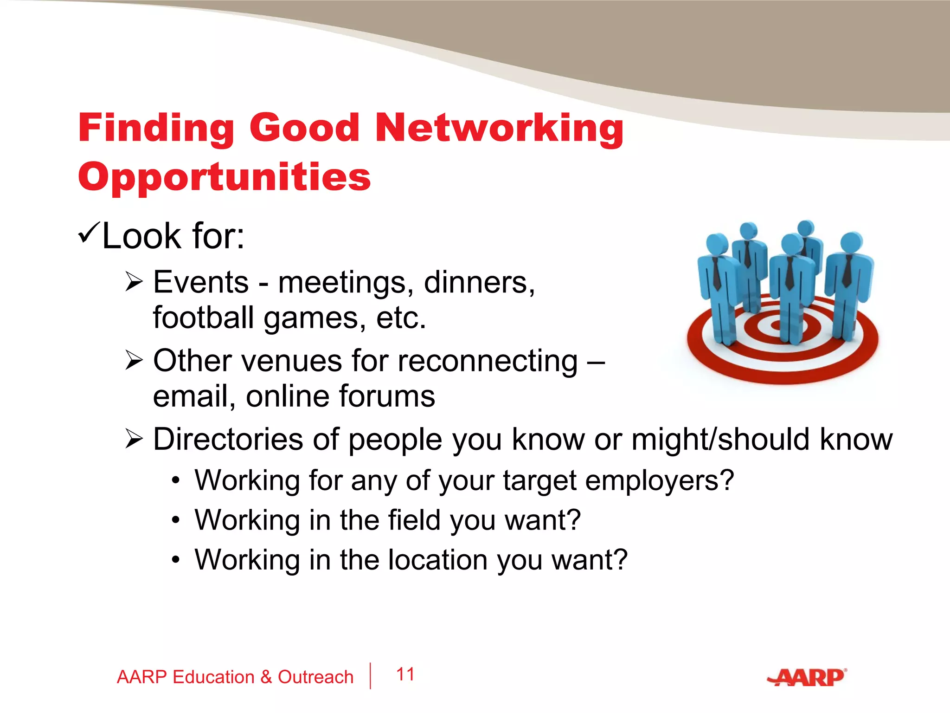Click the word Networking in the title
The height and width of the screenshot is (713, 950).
[499, 128]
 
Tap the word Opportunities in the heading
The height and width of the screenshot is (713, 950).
[225, 177]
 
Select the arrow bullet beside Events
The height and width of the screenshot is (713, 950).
[134, 282]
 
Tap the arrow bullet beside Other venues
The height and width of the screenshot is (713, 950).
[134, 360]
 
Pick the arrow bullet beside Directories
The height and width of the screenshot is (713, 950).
[134, 439]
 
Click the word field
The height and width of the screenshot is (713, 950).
[414, 520]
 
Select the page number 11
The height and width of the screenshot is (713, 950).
[405, 674]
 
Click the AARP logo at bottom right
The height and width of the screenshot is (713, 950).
[807, 677]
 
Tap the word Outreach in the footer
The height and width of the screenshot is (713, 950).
[315, 677]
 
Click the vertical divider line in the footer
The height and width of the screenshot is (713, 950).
[370, 676]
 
